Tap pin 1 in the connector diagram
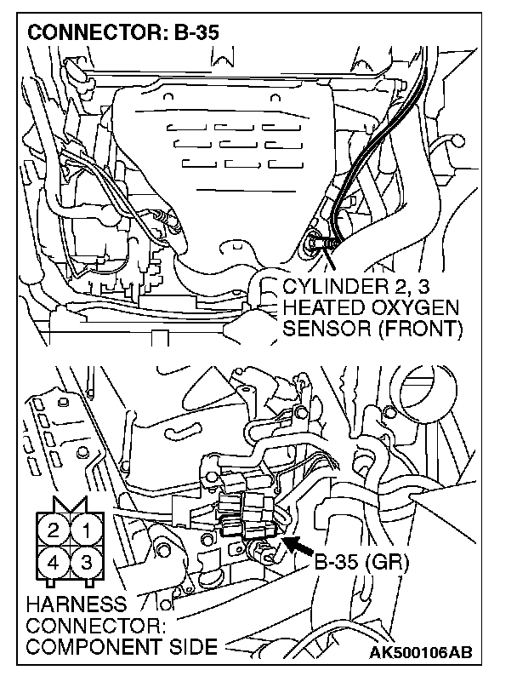click(84, 531)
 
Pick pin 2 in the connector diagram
click(54, 531)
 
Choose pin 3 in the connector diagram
click(84, 563)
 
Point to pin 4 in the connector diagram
click(54, 563)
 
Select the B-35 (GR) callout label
click(363, 563)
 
